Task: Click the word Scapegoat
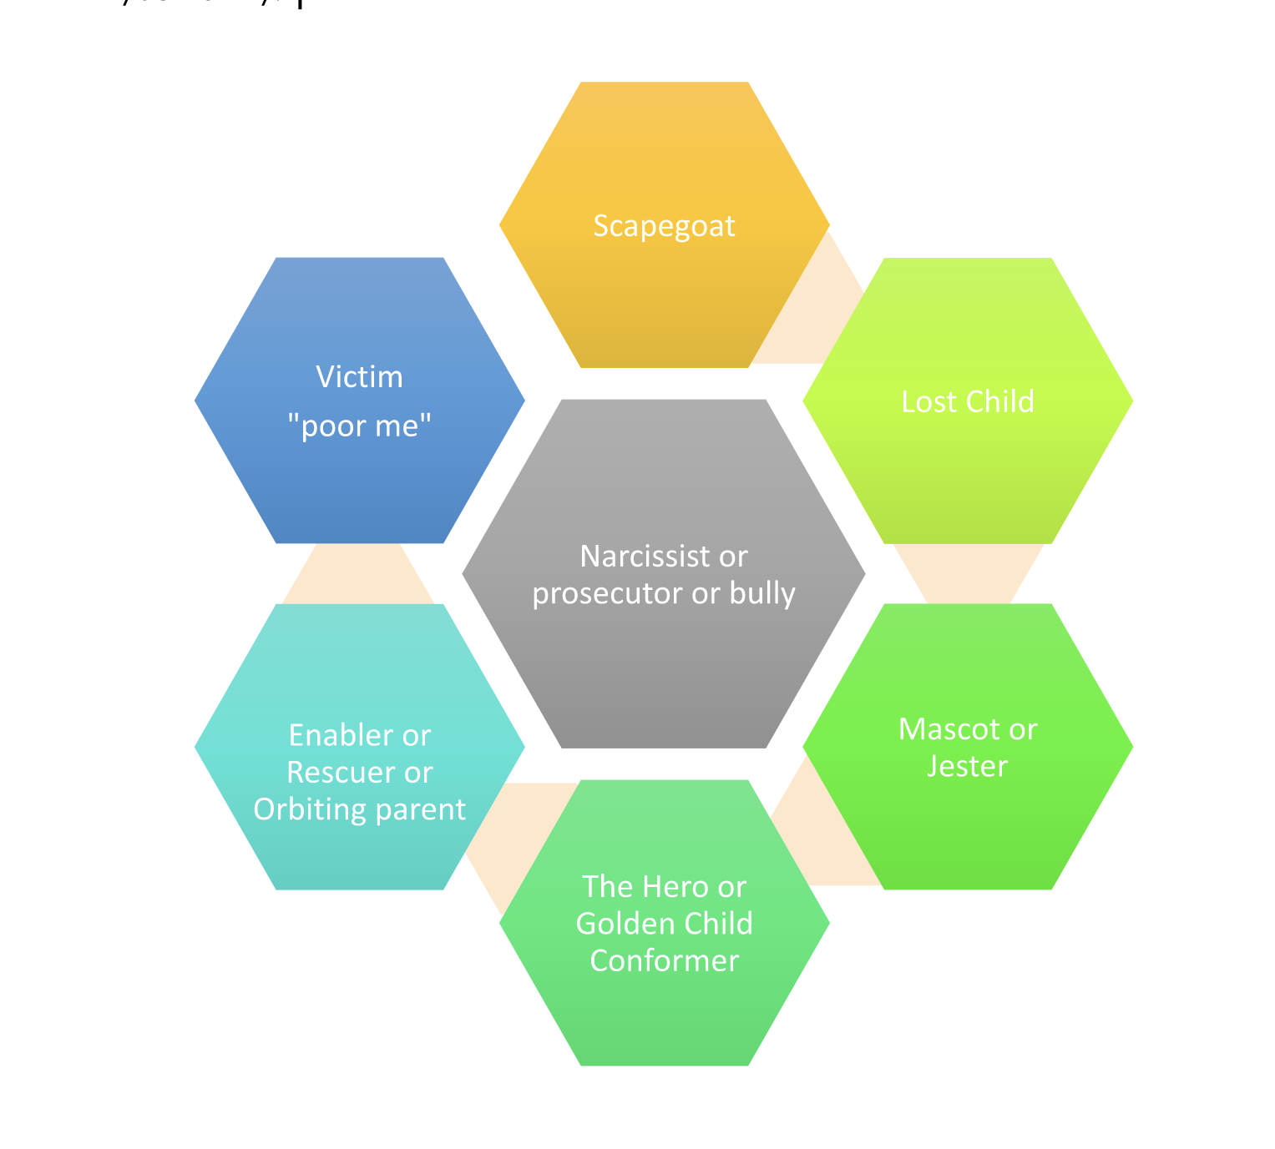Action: pyautogui.click(x=664, y=226)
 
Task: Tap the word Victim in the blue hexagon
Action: pyautogui.click(x=359, y=377)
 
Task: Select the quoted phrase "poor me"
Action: pyautogui.click(x=359, y=426)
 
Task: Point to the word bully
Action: pyautogui.click(x=762, y=593)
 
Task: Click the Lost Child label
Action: pyautogui.click(x=968, y=401)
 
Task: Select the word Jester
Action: pyautogui.click(x=968, y=766)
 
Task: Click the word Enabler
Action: pyautogui.click(x=342, y=735)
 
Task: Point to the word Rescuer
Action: pyautogui.click(x=342, y=773)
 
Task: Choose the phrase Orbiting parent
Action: pyautogui.click(x=359, y=809)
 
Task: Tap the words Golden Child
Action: pyautogui.click(x=664, y=924)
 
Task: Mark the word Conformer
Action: pyautogui.click(x=664, y=960)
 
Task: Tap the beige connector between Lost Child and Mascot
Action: pyautogui.click(x=969, y=574)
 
